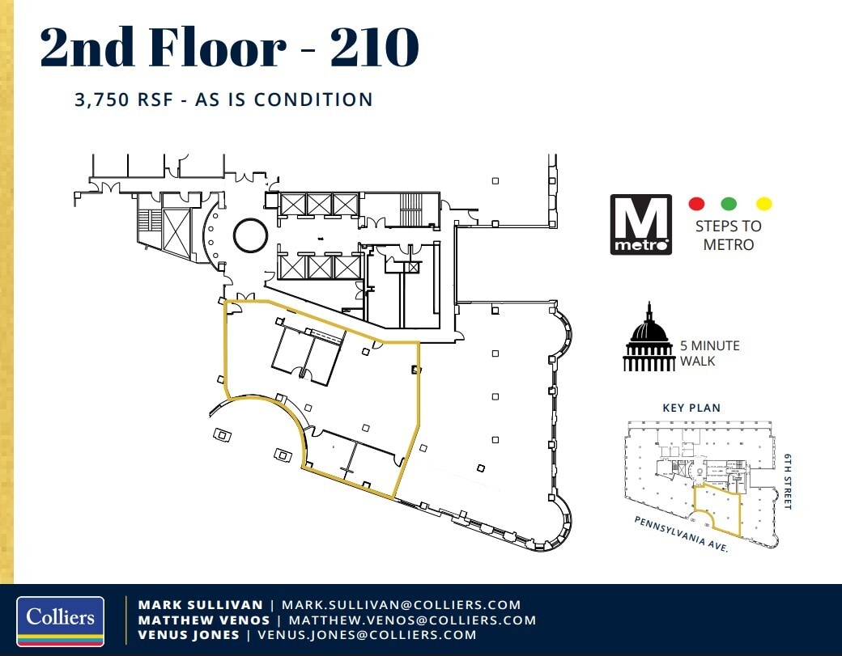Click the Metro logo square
pos(640,225)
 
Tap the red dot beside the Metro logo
pos(696,204)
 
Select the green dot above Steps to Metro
pos(729,204)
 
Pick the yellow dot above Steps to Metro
pos(763,204)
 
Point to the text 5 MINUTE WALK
pos(709,353)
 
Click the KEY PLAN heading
pos(691,408)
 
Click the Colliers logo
pos(60,621)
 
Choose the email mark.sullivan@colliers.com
pos(401,604)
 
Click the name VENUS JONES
pos(189,635)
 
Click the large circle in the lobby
pos(250,235)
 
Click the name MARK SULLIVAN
pos(201,604)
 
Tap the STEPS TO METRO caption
pos(728,235)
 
